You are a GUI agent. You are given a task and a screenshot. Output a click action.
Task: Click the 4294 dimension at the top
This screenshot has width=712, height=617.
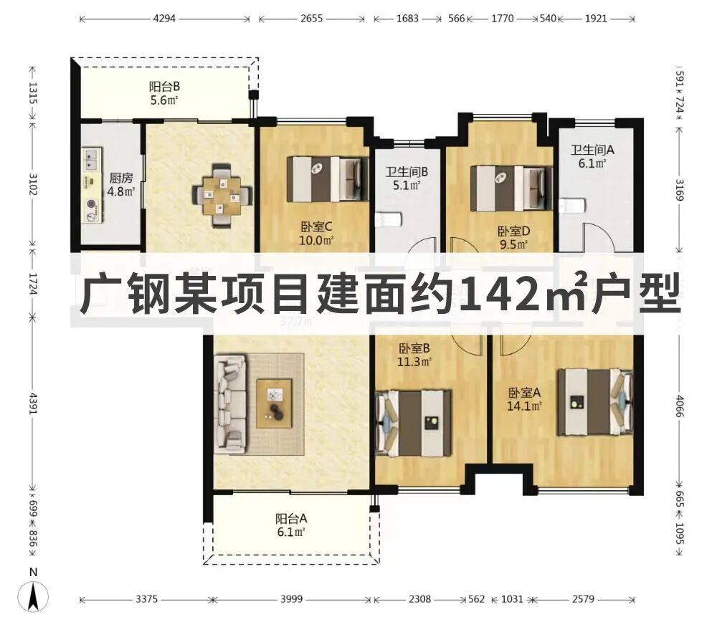tap(164, 19)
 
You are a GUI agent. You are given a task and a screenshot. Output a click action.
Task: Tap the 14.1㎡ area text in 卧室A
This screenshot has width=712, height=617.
tap(526, 406)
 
